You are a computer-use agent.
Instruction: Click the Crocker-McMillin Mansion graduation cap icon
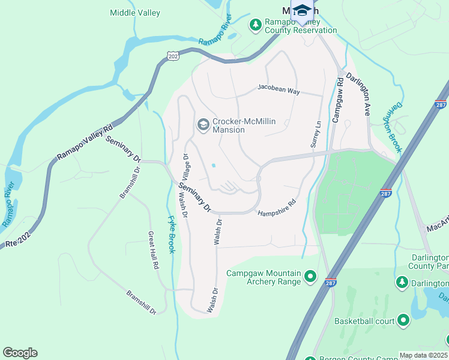coord(203,125)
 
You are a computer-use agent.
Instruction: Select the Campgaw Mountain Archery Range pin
coord(310,277)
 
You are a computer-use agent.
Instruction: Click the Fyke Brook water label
coord(170,234)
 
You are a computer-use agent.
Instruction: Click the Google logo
coord(20,353)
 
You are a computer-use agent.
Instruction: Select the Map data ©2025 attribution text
coord(424,355)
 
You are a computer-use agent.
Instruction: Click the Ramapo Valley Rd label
coord(84,143)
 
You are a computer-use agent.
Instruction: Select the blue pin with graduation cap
coord(302,11)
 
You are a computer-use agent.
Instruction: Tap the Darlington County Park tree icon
coord(402,281)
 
